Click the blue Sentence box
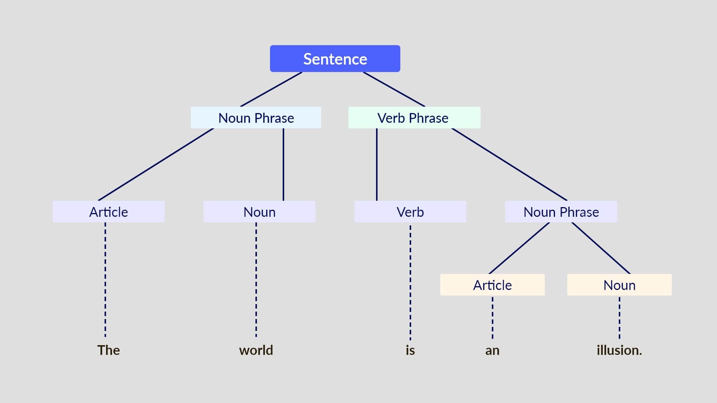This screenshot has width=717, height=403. [335, 59]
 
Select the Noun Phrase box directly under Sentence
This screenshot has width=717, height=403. [256, 118]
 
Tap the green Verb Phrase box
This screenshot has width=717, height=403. [414, 118]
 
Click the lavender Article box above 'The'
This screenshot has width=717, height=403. [109, 212]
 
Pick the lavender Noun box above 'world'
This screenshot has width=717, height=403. [259, 212]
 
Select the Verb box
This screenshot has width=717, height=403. [410, 212]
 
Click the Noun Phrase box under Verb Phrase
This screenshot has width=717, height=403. [561, 212]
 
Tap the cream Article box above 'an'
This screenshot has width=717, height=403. [492, 285]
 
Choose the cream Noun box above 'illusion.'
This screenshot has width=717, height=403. [619, 285]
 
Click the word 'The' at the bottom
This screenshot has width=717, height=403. [109, 350]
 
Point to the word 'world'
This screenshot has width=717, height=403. [256, 350]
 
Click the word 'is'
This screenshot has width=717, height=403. [410, 350]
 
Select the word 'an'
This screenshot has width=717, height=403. [492, 350]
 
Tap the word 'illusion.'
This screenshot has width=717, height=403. [619, 350]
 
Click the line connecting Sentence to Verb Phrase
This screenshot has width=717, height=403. [394, 89]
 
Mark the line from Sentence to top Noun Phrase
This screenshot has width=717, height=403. [271, 89]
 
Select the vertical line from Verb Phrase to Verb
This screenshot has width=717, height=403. [376, 164]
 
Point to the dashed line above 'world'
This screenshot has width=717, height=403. [256, 280]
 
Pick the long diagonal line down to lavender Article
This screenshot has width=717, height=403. [156, 164]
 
